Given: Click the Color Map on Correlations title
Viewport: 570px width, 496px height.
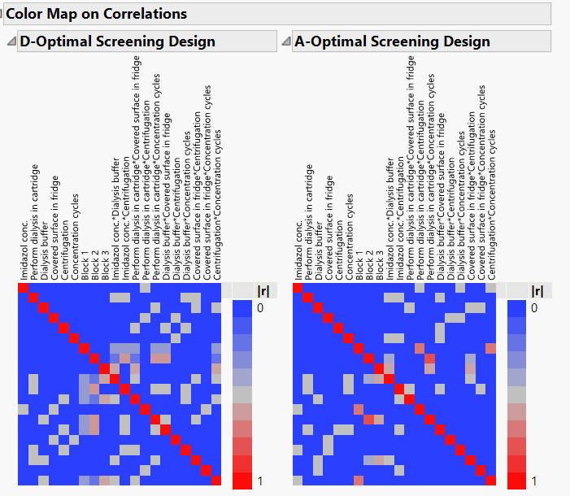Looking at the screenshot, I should [97, 14].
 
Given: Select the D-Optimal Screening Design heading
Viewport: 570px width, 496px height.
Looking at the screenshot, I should [117, 41].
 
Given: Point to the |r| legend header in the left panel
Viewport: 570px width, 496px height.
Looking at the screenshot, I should [242, 290].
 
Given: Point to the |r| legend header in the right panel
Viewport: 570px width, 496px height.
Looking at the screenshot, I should [537, 290].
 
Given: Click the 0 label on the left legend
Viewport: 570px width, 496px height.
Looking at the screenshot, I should [259, 308].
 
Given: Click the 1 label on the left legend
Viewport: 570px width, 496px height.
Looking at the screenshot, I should [259, 481].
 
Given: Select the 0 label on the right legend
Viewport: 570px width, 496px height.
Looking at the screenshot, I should [534, 308].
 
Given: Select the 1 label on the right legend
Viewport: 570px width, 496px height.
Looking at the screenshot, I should [534, 481].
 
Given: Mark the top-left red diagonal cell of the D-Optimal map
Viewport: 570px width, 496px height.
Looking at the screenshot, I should [23, 287].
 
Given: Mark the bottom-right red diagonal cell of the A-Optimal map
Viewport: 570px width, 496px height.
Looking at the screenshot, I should [491, 481].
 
